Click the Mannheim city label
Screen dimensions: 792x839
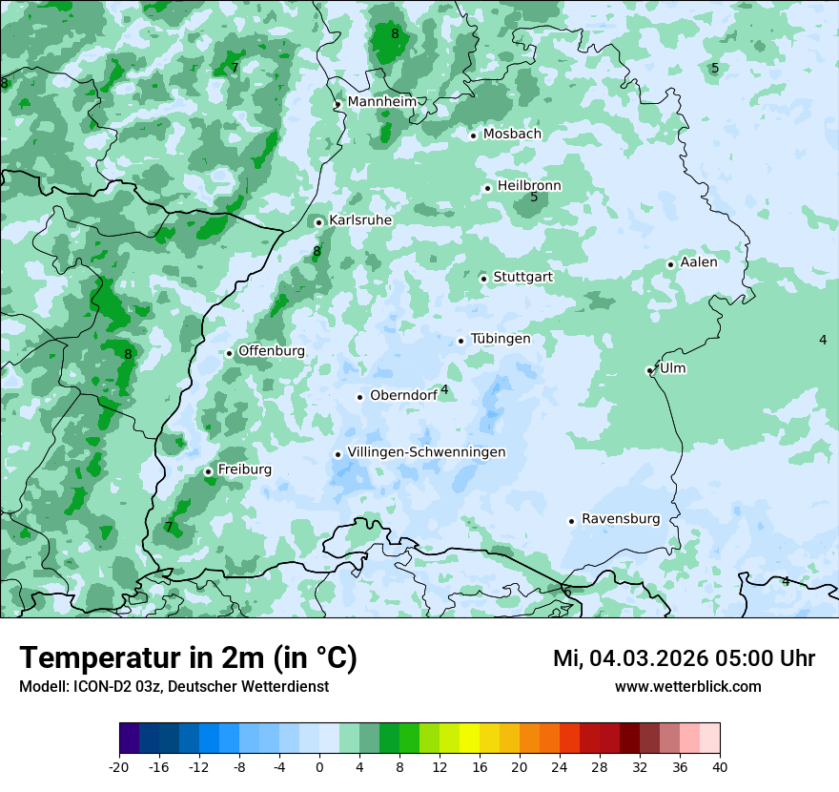[x=381, y=101]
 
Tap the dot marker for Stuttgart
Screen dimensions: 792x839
[x=483, y=279]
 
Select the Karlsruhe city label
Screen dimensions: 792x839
[x=360, y=220]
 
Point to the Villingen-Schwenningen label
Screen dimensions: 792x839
[x=426, y=452]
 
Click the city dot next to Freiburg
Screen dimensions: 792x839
[x=208, y=471]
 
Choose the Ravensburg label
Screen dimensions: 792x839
[x=621, y=519]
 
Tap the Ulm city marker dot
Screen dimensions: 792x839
[x=649, y=370]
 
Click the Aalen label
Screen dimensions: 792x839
[x=699, y=261]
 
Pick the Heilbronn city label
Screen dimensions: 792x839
[x=529, y=185]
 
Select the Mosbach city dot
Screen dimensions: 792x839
[x=473, y=135]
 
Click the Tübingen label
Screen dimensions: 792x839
[x=501, y=339]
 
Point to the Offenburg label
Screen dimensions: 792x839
[x=272, y=351]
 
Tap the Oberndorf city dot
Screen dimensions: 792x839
[x=359, y=397]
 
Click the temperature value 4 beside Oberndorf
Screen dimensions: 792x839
[x=444, y=389]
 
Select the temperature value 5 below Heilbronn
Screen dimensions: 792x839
[x=534, y=198]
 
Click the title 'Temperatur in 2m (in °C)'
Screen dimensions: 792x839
[x=189, y=658]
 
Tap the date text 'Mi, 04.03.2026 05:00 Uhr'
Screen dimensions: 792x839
[x=684, y=658]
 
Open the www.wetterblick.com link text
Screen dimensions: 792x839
[x=687, y=687]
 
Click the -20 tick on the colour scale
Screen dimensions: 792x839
[x=119, y=766]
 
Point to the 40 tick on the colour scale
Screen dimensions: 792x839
[x=719, y=766]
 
